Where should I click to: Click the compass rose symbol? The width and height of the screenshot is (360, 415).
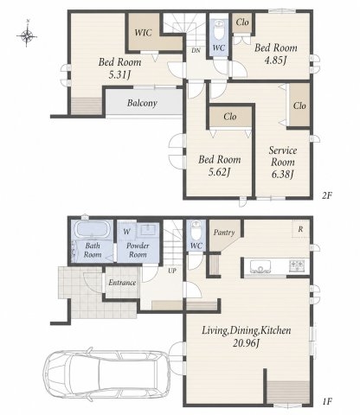pyautogui.click(x=27, y=36)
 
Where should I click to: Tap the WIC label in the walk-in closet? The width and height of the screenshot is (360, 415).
pyautogui.click(x=143, y=32)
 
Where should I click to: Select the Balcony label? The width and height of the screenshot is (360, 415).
pyautogui.click(x=142, y=103)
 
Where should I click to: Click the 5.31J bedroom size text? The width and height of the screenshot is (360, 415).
pyautogui.click(x=119, y=75)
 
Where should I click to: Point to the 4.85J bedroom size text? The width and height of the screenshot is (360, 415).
pyautogui.click(x=275, y=61)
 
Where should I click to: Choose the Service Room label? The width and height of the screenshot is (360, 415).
pyautogui.click(x=283, y=156)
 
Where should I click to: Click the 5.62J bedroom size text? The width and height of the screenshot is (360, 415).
pyautogui.click(x=219, y=172)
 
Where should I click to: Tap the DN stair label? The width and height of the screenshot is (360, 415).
pyautogui.click(x=196, y=50)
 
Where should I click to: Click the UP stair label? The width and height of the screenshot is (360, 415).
pyautogui.click(x=172, y=271)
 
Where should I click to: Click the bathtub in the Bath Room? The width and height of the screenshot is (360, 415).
pyautogui.click(x=92, y=229)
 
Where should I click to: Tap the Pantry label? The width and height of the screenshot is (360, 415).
pyautogui.click(x=224, y=233)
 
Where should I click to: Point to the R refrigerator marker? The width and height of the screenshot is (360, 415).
pyautogui.click(x=300, y=229)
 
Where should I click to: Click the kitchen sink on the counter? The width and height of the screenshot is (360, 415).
pyautogui.click(x=260, y=266)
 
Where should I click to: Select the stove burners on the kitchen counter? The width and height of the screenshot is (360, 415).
pyautogui.click(x=297, y=266)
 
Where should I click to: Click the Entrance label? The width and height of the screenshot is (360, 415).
pyautogui.click(x=122, y=283)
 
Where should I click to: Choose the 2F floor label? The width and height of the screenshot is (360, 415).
pyautogui.click(x=327, y=195)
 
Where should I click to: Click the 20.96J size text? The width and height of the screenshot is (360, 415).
pyautogui.click(x=247, y=343)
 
